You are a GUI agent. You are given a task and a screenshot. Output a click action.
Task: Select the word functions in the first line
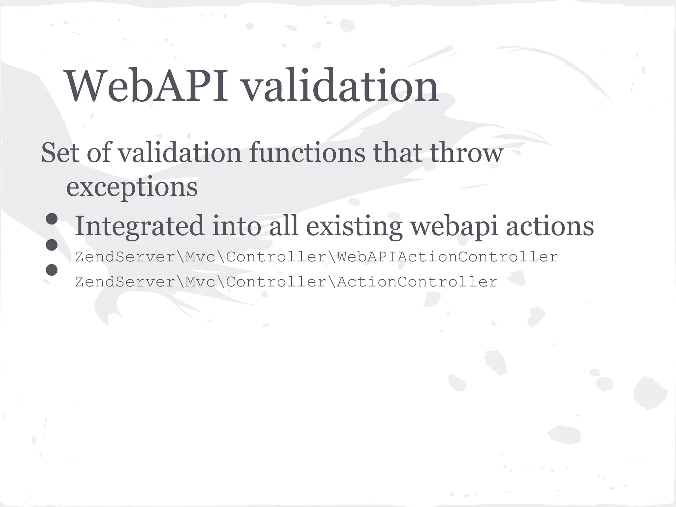(307, 153)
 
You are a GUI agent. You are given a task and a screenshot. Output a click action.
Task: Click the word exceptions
(132, 187)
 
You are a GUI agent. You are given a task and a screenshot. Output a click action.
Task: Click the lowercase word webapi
(454, 226)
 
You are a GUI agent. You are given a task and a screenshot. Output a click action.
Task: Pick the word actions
(550, 226)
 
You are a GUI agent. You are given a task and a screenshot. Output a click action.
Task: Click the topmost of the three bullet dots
(52, 219)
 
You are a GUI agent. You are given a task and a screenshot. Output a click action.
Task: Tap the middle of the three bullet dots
(52, 245)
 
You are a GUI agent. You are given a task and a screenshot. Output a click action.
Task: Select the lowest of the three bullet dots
(52, 270)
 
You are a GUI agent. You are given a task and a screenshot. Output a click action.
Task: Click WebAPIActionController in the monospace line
(447, 257)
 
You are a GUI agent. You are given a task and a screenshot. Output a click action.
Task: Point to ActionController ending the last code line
(417, 282)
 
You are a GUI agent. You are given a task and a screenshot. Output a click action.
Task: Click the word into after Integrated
(236, 226)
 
